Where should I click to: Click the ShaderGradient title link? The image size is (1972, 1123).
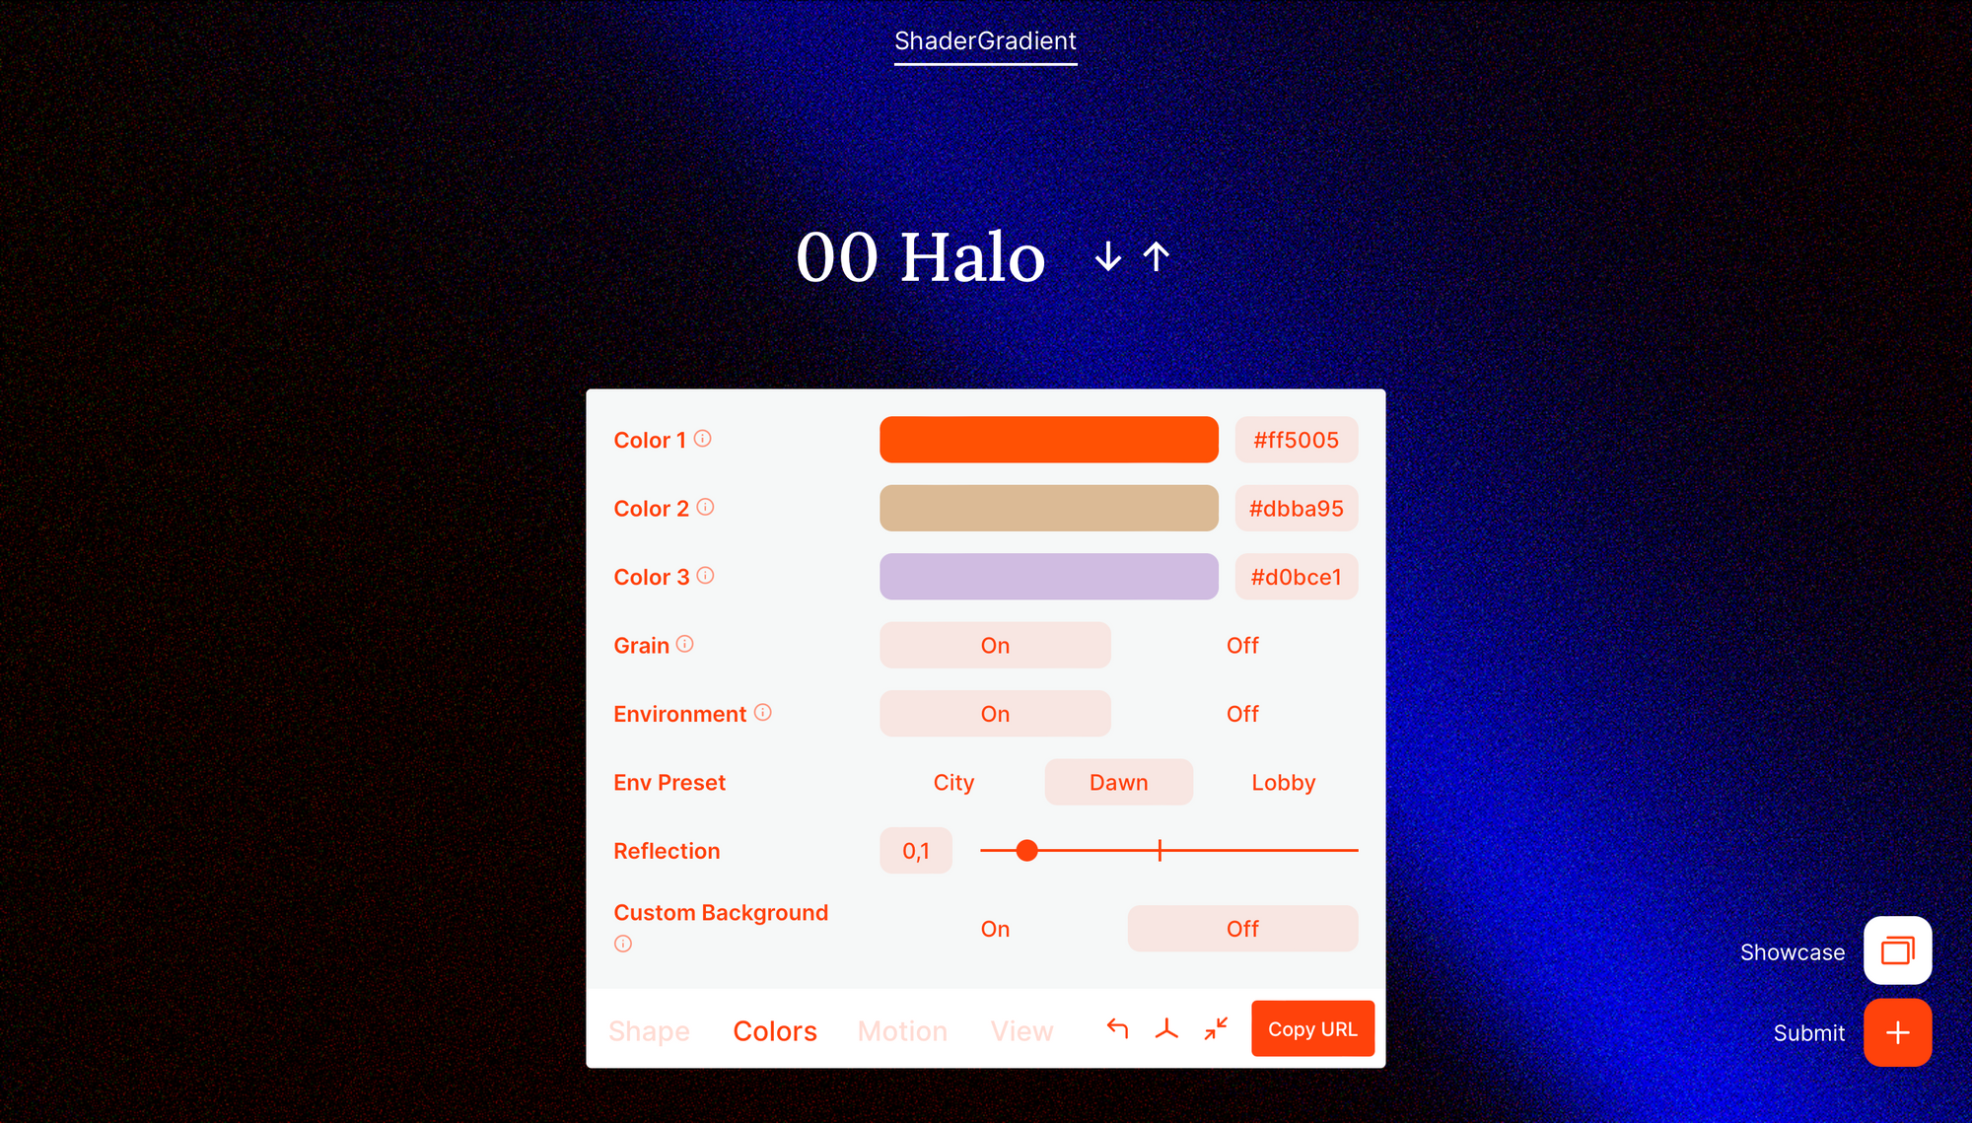coord(985,41)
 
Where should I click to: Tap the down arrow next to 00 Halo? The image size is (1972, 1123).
coord(1108,257)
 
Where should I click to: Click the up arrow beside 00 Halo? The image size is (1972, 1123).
coord(1156,257)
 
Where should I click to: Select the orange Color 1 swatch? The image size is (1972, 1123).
coord(1048,440)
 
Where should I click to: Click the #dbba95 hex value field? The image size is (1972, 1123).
coord(1296,509)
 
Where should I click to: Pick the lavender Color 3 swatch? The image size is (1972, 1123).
coord(1048,577)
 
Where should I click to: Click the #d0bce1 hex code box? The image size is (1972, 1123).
coord(1296,577)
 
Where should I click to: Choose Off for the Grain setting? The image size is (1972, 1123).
coord(1242,646)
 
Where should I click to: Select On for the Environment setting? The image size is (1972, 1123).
coord(995,714)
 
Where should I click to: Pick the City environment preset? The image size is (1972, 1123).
coord(953,783)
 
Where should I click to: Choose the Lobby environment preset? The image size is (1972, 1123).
coord(1283,783)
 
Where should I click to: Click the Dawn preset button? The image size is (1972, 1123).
coord(1118,783)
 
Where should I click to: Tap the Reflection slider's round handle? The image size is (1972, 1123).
coord(1026,851)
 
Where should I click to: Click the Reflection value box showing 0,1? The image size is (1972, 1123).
coord(916,851)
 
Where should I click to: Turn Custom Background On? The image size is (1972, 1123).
coord(995,929)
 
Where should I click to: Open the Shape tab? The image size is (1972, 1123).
coord(649,1031)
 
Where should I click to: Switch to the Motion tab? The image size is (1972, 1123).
coord(902,1031)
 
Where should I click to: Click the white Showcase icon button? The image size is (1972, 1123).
coord(1897,950)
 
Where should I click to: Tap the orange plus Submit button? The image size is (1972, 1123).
coord(1897,1032)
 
